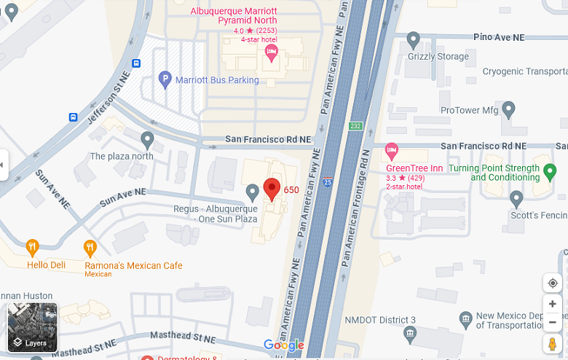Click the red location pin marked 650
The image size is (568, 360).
point(272,188)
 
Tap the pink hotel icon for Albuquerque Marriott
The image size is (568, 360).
point(271,51)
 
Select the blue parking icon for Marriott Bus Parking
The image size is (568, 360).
point(165,79)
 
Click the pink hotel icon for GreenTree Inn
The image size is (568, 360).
point(392,152)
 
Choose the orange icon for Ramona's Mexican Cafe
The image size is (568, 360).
point(90,248)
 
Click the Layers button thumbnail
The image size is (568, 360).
point(32,327)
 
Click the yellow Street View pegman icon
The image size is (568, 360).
point(552,343)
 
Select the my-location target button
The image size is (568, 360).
point(552,283)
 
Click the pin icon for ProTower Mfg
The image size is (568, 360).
point(509,109)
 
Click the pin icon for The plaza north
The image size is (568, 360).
point(148,138)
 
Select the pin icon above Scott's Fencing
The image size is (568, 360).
point(516,197)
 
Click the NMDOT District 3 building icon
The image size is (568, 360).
point(409,334)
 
